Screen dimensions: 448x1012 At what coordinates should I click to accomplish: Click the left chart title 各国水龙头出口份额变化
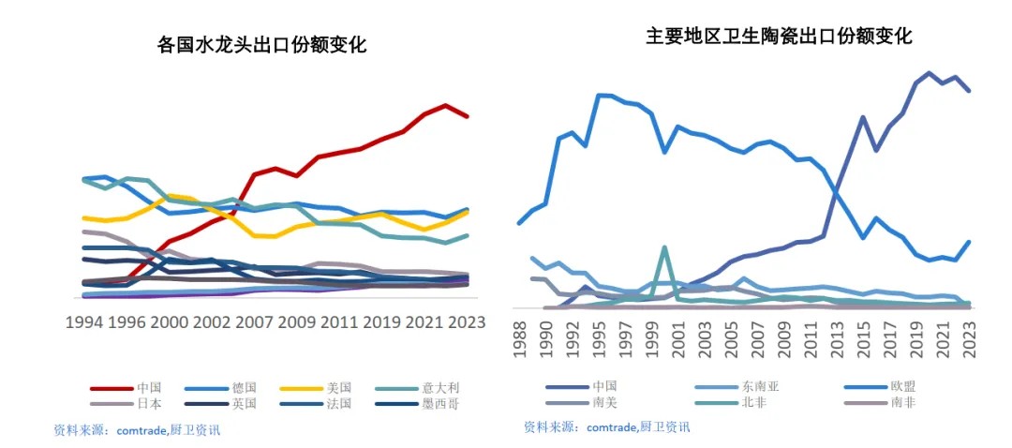point(261,44)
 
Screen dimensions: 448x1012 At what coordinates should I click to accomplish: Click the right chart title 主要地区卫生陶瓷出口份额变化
point(779,37)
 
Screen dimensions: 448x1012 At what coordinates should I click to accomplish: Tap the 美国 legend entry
point(339,387)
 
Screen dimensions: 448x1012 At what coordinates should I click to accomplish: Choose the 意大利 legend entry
point(447,387)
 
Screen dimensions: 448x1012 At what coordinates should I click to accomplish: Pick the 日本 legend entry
point(149,404)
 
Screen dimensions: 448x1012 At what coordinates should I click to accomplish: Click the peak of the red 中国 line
point(446,105)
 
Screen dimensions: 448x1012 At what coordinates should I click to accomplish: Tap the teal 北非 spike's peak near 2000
point(663,247)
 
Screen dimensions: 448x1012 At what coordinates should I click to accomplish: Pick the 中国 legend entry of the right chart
point(605,385)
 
